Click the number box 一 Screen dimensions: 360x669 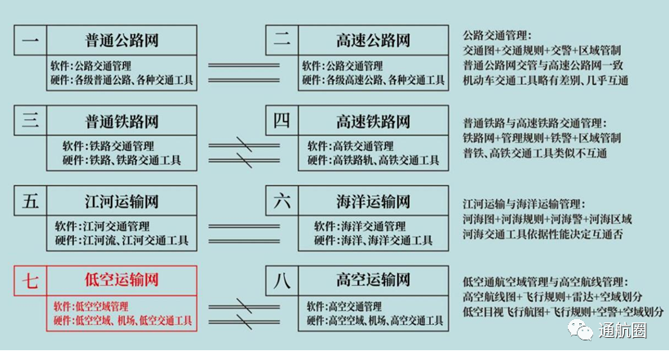click(x=30, y=41)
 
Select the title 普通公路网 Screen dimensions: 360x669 click(x=122, y=41)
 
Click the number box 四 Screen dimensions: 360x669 click(x=281, y=121)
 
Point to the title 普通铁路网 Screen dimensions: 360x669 click(x=122, y=121)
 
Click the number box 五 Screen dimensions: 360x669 click(x=30, y=201)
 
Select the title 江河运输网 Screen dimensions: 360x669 click(x=122, y=201)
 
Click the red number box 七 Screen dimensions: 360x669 click(x=30, y=281)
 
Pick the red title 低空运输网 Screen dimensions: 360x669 click(x=122, y=281)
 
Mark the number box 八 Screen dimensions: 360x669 click(x=281, y=281)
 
